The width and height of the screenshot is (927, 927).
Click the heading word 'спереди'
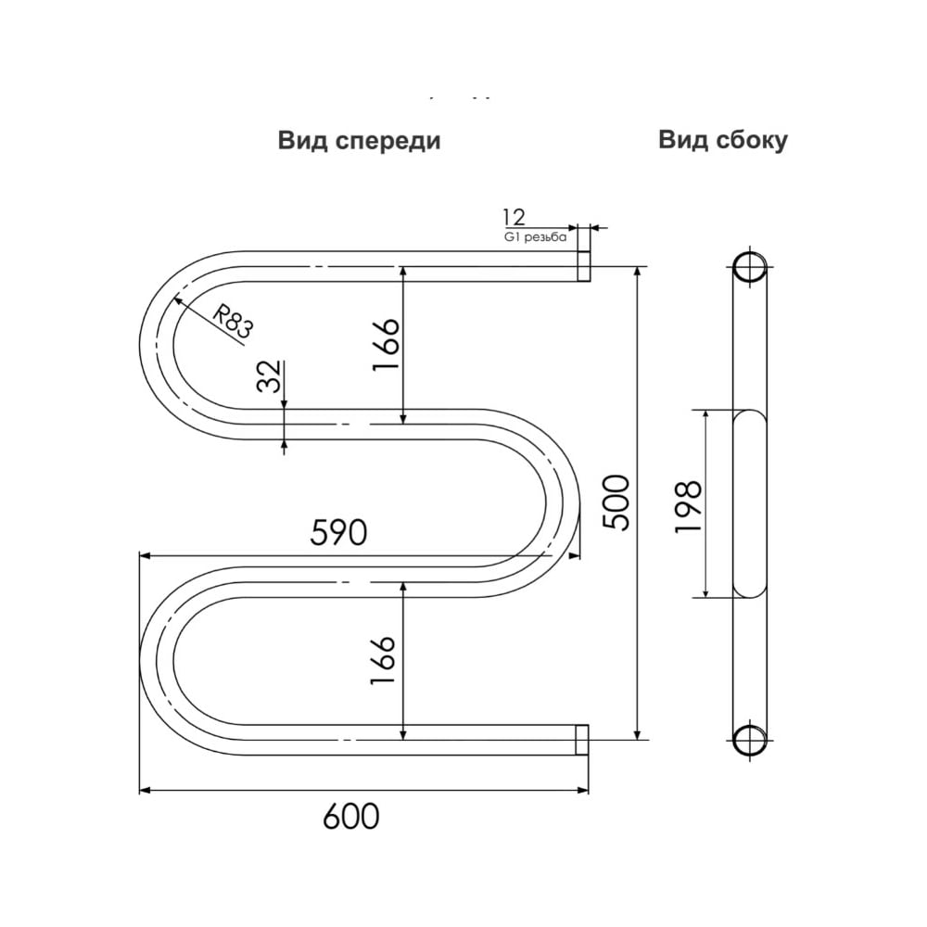click(387, 142)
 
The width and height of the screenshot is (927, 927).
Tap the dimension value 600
click(351, 817)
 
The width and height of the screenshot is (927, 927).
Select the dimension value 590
click(338, 532)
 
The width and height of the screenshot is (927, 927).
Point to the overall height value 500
click(616, 502)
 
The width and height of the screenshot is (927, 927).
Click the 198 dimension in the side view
click(688, 506)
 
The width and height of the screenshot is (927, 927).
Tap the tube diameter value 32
click(269, 376)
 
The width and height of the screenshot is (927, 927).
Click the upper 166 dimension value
click(386, 344)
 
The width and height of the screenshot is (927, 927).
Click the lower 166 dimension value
click(383, 660)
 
